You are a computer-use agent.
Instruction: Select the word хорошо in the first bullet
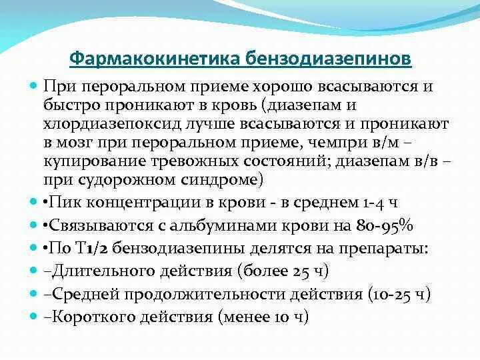click(290, 87)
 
